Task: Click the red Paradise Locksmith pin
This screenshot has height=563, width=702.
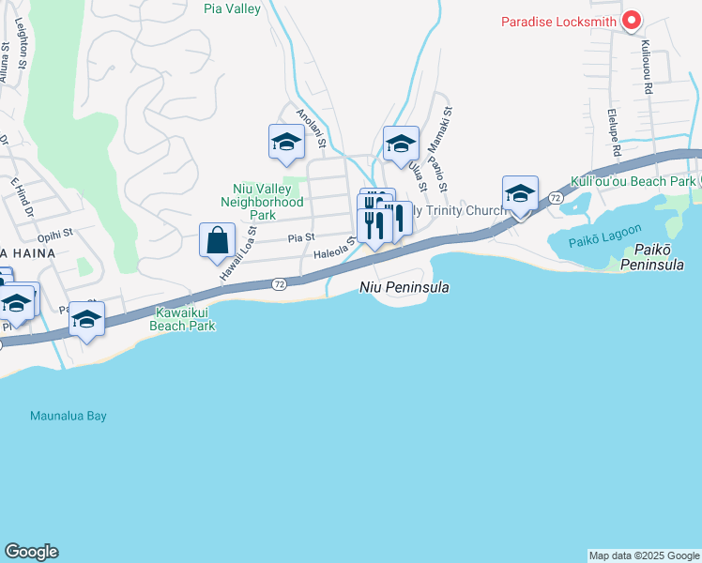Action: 632,20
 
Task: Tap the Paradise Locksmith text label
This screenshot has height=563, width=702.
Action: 558,22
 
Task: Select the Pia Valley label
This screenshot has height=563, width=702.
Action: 232,9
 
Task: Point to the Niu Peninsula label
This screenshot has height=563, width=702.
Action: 404,287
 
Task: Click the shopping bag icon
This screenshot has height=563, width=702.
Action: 217,239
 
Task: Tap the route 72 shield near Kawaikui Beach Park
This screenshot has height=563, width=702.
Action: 279,283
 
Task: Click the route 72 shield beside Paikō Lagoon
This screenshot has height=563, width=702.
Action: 556,198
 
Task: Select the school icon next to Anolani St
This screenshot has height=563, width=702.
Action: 286,142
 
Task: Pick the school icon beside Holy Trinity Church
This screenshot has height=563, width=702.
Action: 520,193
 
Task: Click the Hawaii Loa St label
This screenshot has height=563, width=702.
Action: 238,253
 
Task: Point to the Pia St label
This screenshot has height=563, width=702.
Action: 300,238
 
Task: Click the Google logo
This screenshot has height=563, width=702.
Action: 31,552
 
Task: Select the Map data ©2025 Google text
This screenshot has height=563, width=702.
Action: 644,555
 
